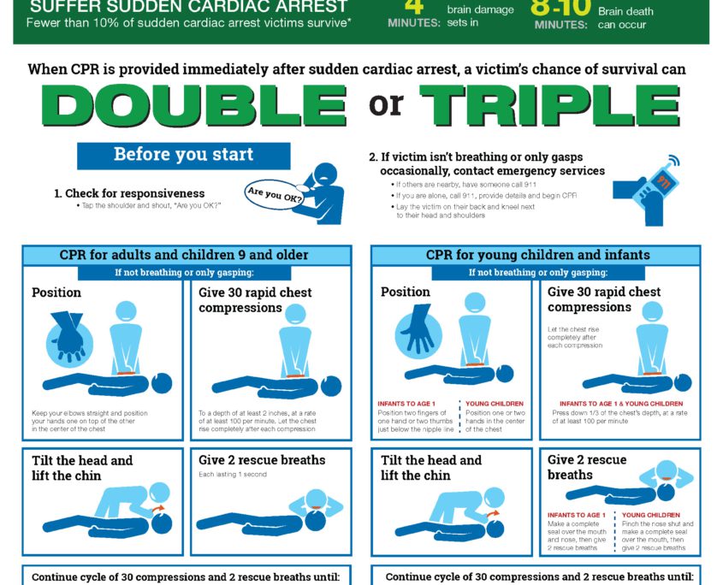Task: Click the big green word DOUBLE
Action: [x=194, y=105]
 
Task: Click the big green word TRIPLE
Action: [x=549, y=105]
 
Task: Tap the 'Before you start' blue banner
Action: [x=183, y=156]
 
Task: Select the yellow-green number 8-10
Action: [x=560, y=8]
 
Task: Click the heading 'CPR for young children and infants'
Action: [x=537, y=255]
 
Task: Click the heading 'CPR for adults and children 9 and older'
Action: [x=183, y=255]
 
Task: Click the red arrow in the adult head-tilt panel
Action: [x=157, y=509]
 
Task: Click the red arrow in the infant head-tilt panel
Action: [x=493, y=513]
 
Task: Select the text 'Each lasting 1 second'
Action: [x=233, y=475]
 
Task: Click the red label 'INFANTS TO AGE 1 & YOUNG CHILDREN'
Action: [x=621, y=404]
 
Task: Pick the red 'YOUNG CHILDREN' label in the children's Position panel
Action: [x=495, y=404]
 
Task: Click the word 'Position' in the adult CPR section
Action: [x=56, y=292]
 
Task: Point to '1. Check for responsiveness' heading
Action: [x=129, y=193]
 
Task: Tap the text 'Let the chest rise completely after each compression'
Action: [x=574, y=338]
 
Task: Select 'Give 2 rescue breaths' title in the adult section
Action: [x=262, y=460]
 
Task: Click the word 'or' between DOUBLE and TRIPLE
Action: [x=386, y=104]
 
